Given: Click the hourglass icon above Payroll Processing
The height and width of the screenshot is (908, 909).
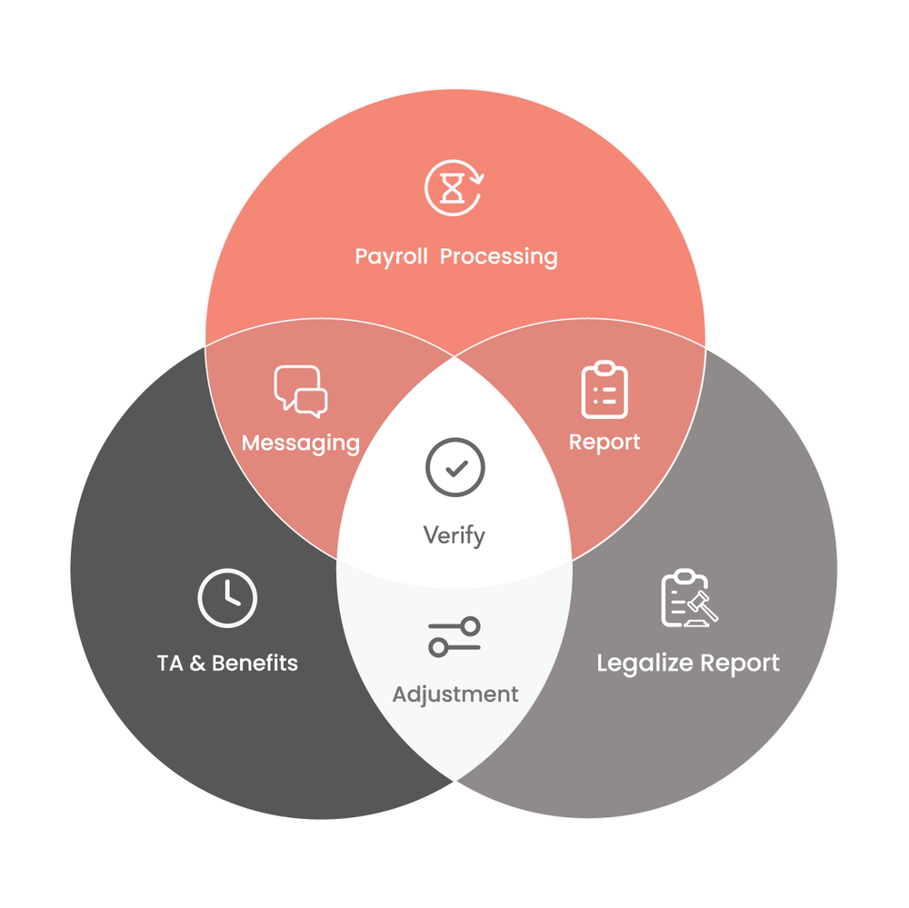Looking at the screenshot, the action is pyautogui.click(x=454, y=188).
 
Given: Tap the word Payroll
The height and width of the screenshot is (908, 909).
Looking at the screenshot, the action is pyautogui.click(x=390, y=256).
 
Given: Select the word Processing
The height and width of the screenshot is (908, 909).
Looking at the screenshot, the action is pyautogui.click(x=499, y=256).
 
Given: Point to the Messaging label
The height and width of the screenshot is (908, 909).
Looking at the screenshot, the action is pyautogui.click(x=301, y=444).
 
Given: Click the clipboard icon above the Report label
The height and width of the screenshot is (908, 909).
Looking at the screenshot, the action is pyautogui.click(x=604, y=391).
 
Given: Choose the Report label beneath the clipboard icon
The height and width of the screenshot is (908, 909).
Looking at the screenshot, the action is pyautogui.click(x=604, y=443).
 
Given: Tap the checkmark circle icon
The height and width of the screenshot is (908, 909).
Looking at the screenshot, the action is pyautogui.click(x=454, y=468).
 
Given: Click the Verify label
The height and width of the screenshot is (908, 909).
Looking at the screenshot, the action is pyautogui.click(x=454, y=535).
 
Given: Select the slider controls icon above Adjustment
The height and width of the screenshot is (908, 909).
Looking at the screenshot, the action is pyautogui.click(x=454, y=636).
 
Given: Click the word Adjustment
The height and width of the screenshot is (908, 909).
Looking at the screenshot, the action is pyautogui.click(x=455, y=694).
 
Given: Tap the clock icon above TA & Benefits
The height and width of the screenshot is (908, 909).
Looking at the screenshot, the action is pyautogui.click(x=227, y=598).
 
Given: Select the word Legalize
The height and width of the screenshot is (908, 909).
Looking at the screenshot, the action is pyautogui.click(x=639, y=664).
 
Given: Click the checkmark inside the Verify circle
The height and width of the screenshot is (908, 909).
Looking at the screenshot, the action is pyautogui.click(x=455, y=468).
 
